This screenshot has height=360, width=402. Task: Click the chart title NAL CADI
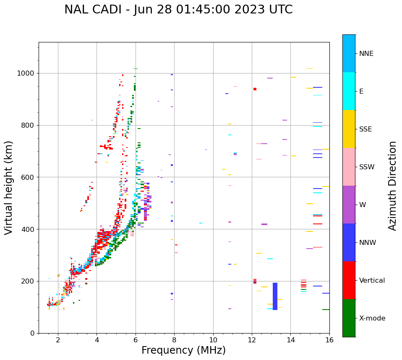178,10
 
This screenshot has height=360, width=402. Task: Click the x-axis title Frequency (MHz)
183,350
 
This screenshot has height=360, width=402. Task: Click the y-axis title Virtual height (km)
9,188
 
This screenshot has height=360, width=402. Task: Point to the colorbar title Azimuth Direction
392,186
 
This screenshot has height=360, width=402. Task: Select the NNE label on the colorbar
366,54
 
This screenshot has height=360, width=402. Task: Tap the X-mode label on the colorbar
372,318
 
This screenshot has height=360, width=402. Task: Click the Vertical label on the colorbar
372,281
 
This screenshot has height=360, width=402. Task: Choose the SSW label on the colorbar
367,167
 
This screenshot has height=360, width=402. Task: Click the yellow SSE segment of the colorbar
349,129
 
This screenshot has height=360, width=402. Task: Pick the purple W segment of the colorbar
349,205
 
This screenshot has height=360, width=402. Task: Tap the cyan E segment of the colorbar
349,91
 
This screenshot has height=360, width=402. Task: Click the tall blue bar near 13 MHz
275,296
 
